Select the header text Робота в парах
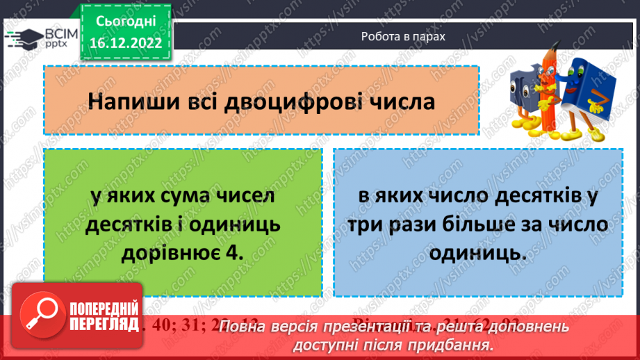tap(402, 36)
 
